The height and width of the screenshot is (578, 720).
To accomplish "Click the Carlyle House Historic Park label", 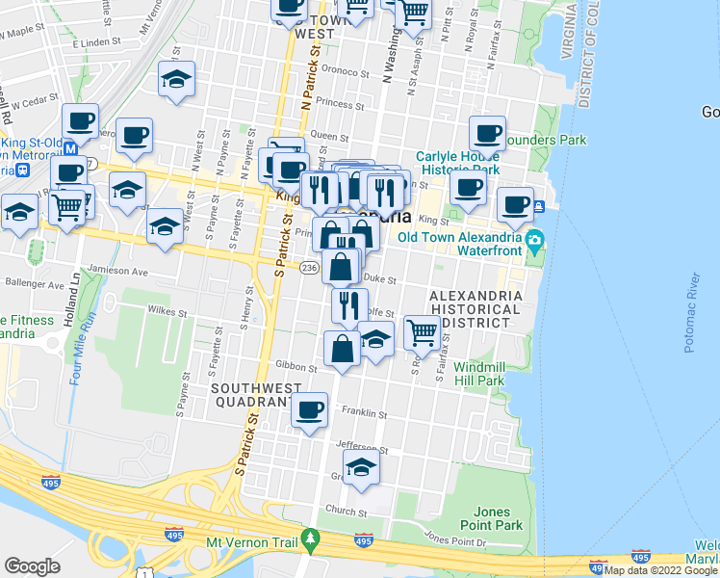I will [x=457, y=163].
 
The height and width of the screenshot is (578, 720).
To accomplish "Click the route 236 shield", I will [x=309, y=267].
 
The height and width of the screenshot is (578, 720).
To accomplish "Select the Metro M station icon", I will [x=69, y=150].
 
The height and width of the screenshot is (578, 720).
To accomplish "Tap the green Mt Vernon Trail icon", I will [x=309, y=537].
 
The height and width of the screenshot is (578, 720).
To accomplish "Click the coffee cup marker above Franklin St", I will [x=309, y=410].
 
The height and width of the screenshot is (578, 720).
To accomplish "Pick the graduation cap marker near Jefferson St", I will [x=361, y=467].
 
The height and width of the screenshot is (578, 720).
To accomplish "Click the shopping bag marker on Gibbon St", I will [x=342, y=349].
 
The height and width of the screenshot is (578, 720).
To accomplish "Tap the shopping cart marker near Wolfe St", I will [x=422, y=332].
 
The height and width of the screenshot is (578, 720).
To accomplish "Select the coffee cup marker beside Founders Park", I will [x=487, y=133].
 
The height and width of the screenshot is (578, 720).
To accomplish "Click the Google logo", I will [x=33, y=566].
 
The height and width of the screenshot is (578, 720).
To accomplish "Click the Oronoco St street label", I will [x=345, y=71].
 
